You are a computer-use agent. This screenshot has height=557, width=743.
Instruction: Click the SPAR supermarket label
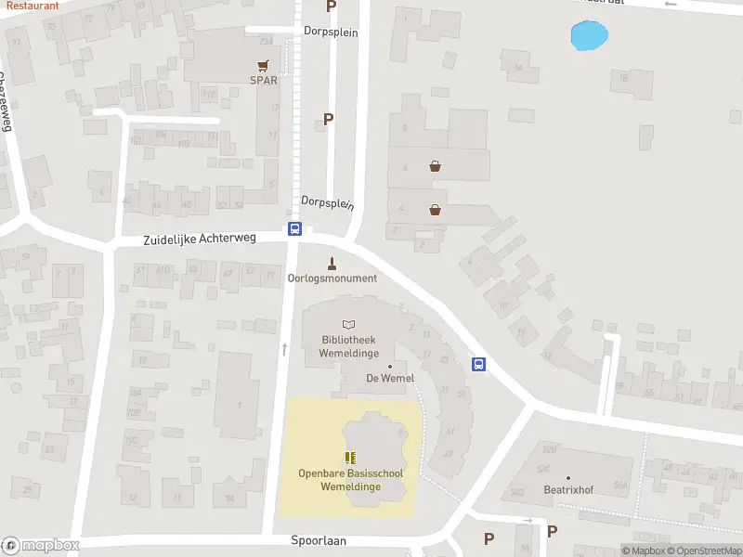click(x=264, y=80)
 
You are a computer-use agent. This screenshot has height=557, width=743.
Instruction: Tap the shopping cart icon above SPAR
click(x=264, y=65)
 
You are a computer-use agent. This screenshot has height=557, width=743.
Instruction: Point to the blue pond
click(x=589, y=37)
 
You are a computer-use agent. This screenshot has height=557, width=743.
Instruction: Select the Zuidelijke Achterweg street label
click(x=200, y=239)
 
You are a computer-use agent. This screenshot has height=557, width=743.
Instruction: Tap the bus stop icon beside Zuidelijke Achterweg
click(x=294, y=229)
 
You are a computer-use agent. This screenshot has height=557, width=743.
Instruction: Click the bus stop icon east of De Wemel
click(x=479, y=364)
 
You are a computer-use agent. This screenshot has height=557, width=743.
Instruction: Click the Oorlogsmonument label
click(x=332, y=278)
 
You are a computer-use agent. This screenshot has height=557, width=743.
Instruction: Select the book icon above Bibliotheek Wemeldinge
click(x=348, y=325)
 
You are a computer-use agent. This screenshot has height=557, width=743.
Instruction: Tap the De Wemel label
click(x=389, y=378)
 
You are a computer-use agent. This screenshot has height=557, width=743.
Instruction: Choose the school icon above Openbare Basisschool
click(x=350, y=458)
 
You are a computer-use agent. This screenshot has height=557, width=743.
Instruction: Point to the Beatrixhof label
click(x=568, y=489)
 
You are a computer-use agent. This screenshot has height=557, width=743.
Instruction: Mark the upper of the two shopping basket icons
click(x=435, y=167)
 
